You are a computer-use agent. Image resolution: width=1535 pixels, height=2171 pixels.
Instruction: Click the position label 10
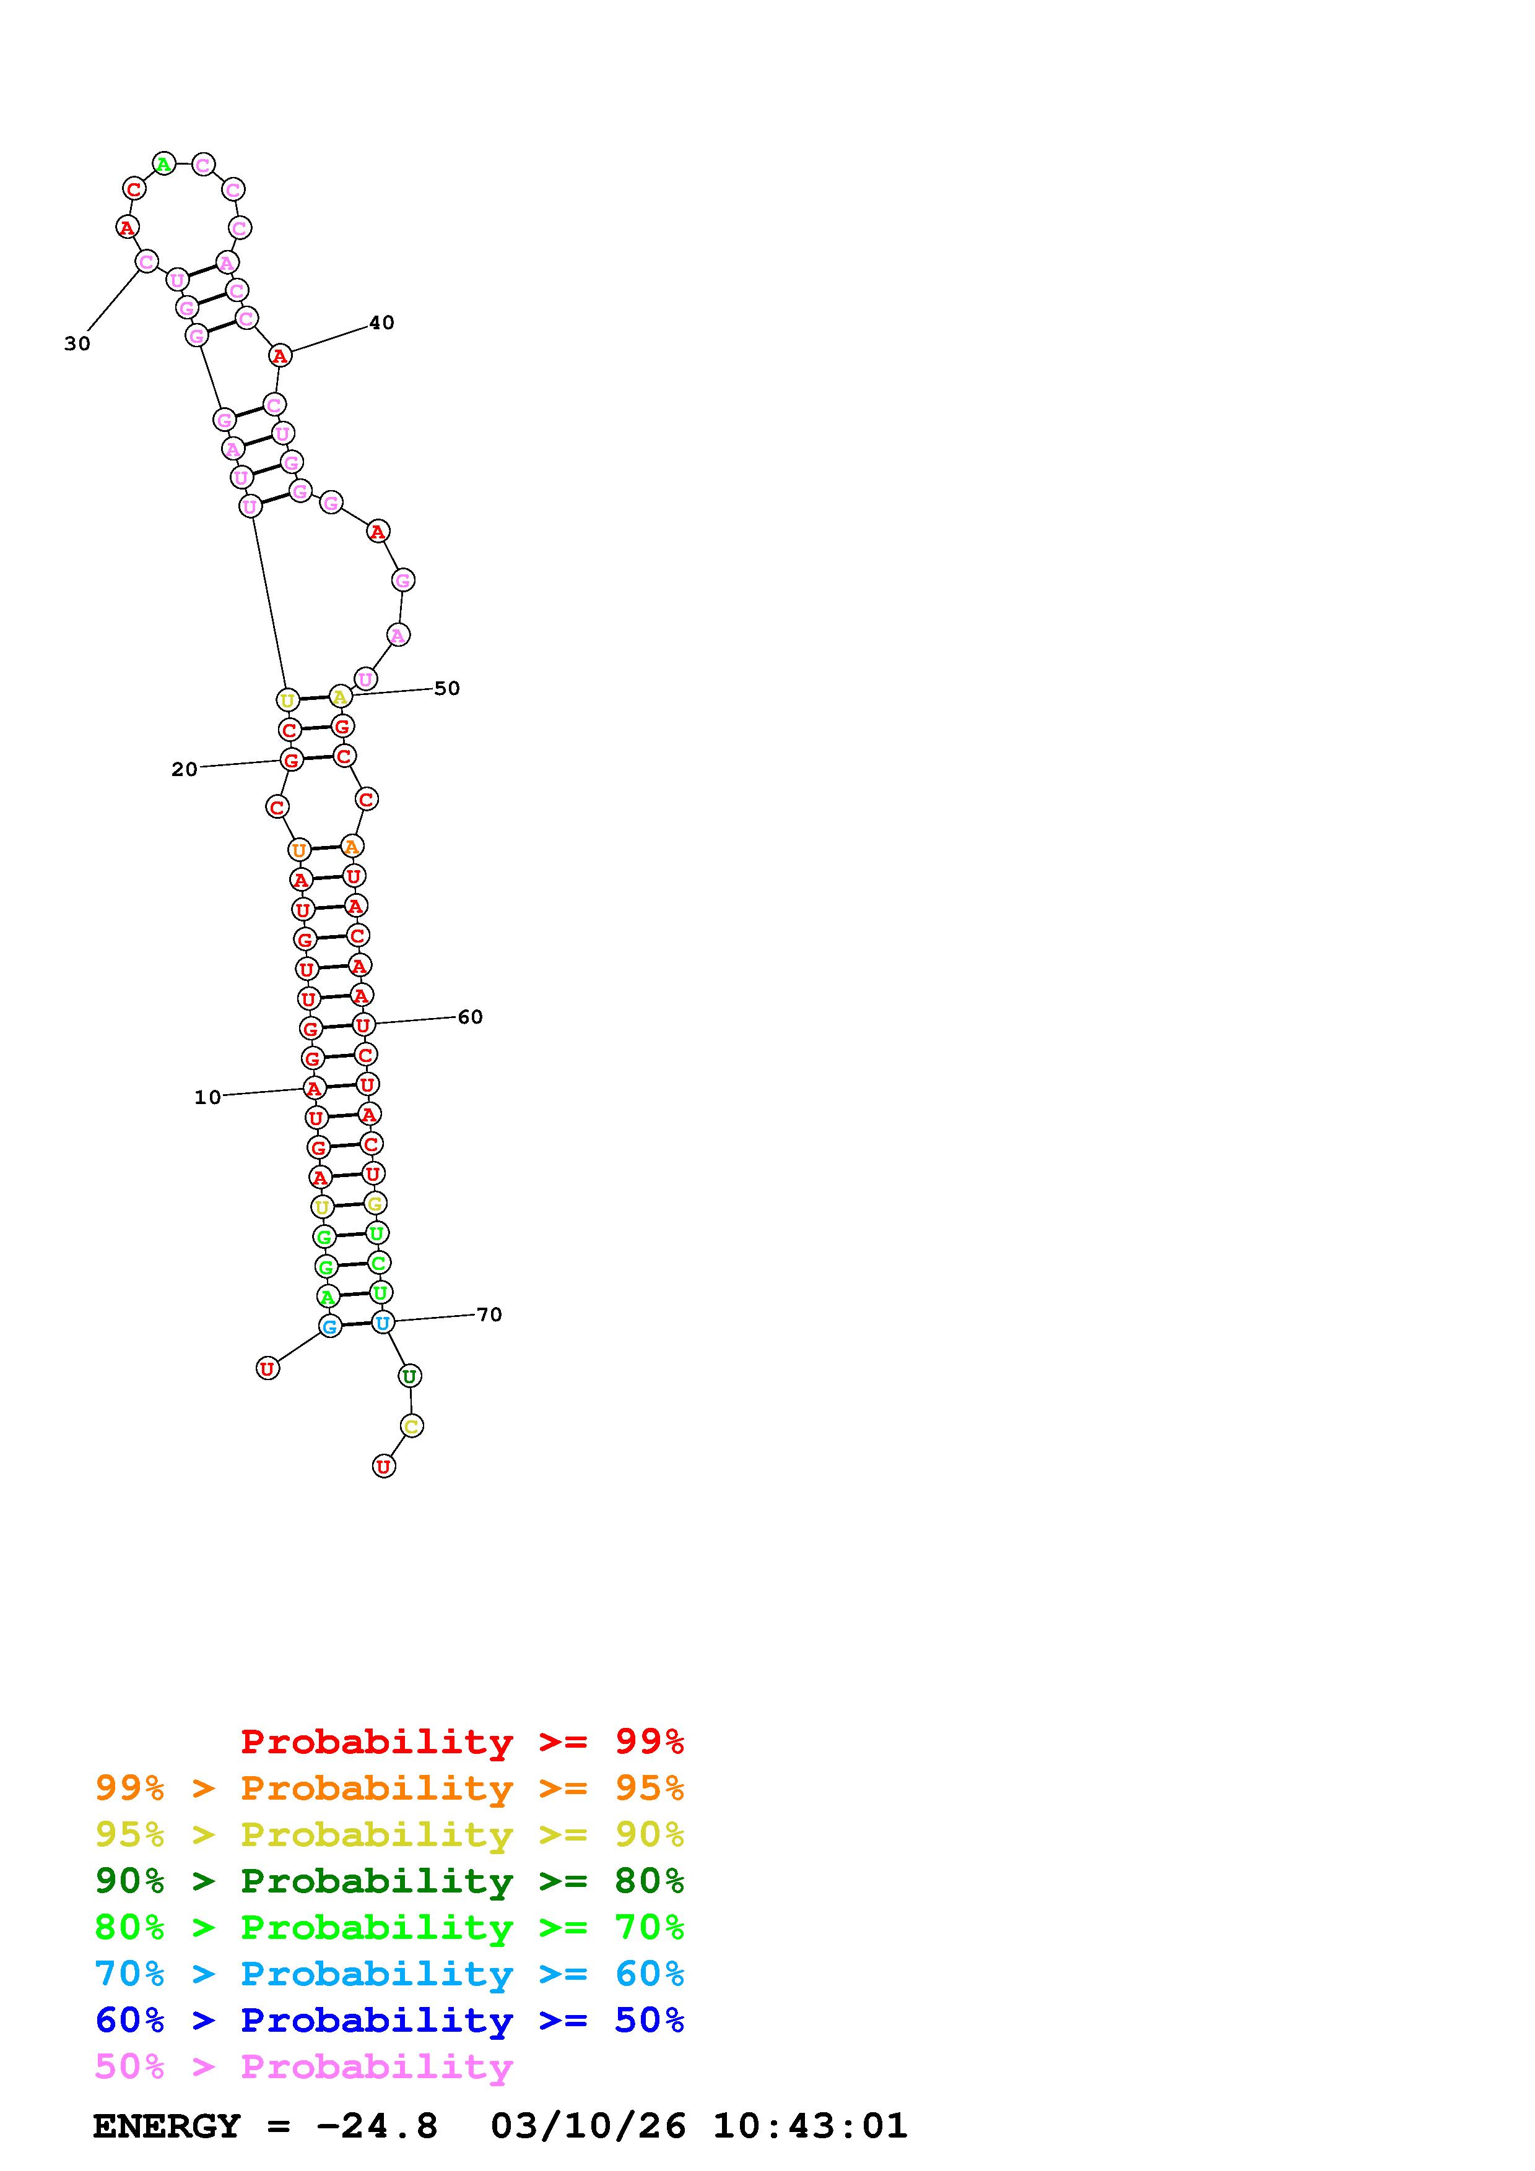pyautogui.click(x=207, y=1098)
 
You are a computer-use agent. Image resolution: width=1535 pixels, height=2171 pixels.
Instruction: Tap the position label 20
pyautogui.click(x=185, y=770)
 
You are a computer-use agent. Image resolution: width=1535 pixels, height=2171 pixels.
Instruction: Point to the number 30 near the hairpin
pyautogui.click(x=77, y=344)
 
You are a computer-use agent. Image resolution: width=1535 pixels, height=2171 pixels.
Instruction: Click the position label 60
pyautogui.click(x=470, y=1017)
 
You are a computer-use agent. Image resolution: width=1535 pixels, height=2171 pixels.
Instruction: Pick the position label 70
pyautogui.click(x=489, y=1315)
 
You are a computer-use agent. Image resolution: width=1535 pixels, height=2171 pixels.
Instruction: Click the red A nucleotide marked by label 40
pyautogui.click(x=279, y=356)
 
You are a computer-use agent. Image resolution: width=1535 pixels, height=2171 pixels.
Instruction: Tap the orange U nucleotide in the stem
pyautogui.click(x=299, y=850)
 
